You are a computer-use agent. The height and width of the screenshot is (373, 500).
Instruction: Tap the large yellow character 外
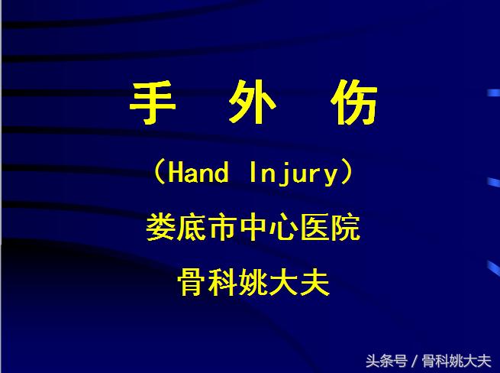pyautogui.click(x=252, y=102)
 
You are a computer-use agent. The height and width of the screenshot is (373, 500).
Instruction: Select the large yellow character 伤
pyautogui.click(x=352, y=102)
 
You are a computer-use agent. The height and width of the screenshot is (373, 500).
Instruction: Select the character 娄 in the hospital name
pyautogui.click(x=161, y=229)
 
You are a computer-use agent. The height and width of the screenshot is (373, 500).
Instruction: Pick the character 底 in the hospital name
pyautogui.click(x=192, y=229)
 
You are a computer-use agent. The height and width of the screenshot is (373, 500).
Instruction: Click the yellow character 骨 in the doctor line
pyautogui.click(x=192, y=284)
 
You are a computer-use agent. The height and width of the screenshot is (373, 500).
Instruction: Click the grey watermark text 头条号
pyautogui.click(x=385, y=360)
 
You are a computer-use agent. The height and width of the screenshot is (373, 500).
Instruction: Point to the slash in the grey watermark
pyautogui.click(x=414, y=360)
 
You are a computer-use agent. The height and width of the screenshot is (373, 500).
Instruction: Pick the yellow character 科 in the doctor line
pyautogui.click(x=222, y=284)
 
